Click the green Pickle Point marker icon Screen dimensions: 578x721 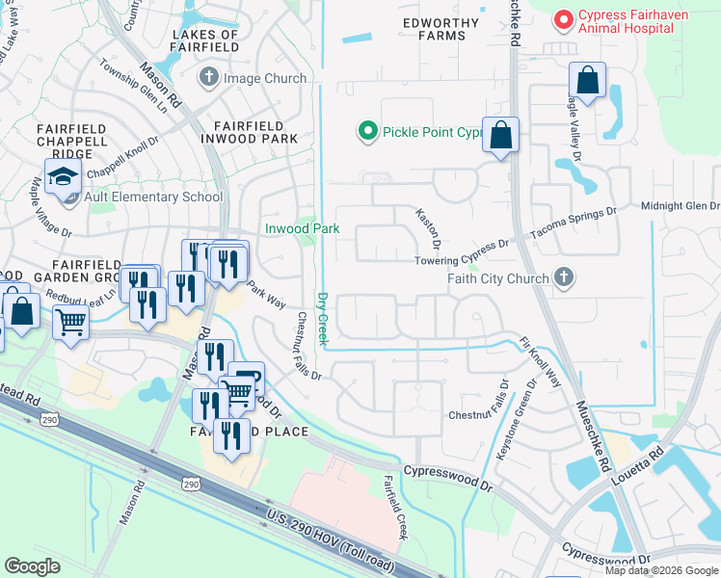click(366, 131)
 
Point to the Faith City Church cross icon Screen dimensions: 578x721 click(564, 278)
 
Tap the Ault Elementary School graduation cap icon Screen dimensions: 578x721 click(64, 177)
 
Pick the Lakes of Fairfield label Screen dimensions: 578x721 click(204, 39)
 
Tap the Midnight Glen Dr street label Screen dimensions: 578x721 click(681, 206)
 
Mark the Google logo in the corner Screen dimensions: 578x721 click(33, 566)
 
